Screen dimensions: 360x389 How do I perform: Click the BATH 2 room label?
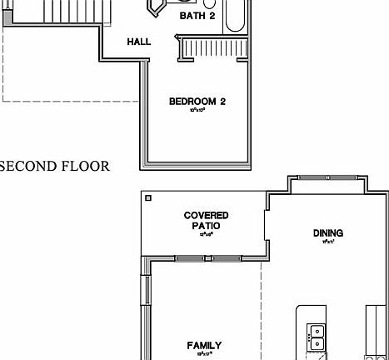[x=197, y=16]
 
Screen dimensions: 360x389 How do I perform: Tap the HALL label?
[x=138, y=42]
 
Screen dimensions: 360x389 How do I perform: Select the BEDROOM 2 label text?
[x=197, y=102]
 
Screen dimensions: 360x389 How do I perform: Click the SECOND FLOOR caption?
[x=55, y=166]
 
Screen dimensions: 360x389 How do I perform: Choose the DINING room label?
[x=327, y=233]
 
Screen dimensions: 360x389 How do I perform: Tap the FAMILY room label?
[x=204, y=345]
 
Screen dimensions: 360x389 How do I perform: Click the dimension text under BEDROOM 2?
[x=197, y=110]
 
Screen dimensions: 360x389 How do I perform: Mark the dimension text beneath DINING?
[x=327, y=242]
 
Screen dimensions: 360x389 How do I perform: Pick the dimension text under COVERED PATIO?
[x=205, y=234]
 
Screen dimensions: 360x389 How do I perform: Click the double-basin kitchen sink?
[x=316, y=337]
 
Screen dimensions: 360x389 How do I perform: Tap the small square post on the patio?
[x=148, y=198]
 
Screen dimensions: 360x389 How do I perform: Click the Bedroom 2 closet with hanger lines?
[x=209, y=48]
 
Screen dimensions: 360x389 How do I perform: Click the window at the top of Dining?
[x=328, y=178]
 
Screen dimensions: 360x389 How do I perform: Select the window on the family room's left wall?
[x=147, y=291]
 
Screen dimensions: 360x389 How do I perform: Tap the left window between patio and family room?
[x=190, y=258]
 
